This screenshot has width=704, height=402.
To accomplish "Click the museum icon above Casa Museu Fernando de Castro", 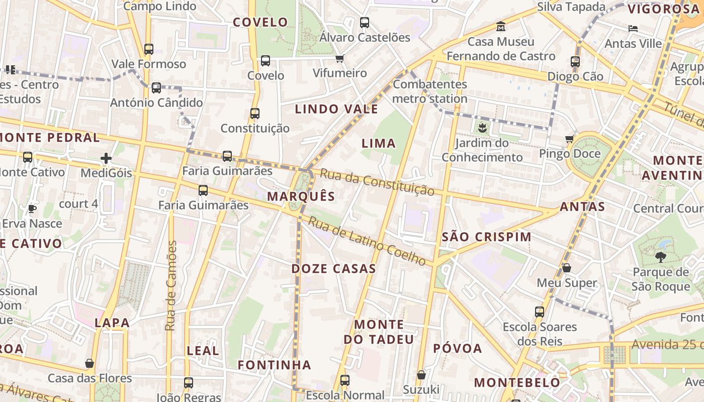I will click(501, 26).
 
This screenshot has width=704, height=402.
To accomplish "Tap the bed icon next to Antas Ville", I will click(633, 29).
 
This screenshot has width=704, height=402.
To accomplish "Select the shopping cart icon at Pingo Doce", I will click(570, 139).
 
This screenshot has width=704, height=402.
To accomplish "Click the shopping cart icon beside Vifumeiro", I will click(340, 58).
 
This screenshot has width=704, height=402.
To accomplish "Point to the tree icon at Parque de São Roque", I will click(661, 257).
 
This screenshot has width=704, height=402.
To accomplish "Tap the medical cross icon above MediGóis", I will click(106, 159).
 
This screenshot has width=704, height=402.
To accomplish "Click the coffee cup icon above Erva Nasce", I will click(32, 209).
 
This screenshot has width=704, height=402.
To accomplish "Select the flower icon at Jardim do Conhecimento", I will click(483, 128).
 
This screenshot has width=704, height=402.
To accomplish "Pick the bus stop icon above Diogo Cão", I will click(575, 62).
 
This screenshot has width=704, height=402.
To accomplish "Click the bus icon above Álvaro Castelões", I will click(365, 23).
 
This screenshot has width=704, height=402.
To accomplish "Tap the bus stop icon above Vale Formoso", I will click(149, 49).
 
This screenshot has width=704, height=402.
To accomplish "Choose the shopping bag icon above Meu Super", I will click(567, 268).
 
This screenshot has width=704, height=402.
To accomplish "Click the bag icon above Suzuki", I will click(421, 375).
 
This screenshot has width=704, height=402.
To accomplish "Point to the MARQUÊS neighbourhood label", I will click(301, 196).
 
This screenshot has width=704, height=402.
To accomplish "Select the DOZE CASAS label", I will click(334, 268).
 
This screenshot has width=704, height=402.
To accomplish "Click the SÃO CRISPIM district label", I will click(486, 237).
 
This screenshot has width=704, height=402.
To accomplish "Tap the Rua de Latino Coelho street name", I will click(367, 241).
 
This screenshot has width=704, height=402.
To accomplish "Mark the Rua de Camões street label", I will click(171, 285).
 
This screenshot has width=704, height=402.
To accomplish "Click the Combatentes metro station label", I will click(430, 91).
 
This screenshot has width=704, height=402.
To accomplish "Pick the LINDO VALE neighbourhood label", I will click(336, 109).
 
